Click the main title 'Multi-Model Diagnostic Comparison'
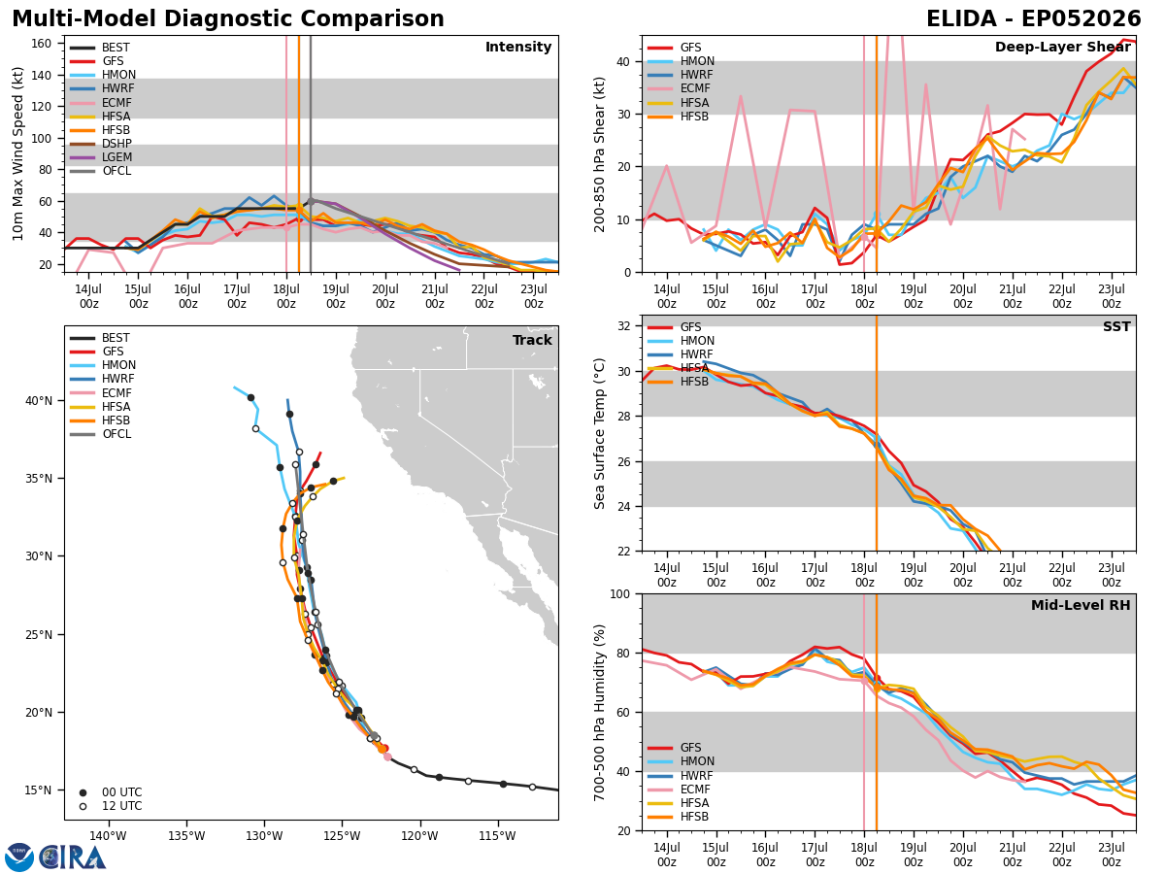(x=228, y=18)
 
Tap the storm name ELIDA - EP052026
(x=1033, y=18)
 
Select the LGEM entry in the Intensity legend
(x=101, y=157)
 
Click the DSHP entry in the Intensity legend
(x=101, y=144)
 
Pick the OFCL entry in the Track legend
(x=101, y=433)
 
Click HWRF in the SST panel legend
(x=681, y=353)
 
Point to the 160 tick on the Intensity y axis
(x=41, y=44)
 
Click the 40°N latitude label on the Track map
(x=39, y=401)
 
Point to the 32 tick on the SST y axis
(x=624, y=326)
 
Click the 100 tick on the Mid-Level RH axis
(x=620, y=594)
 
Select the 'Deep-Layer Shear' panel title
(x=1062, y=47)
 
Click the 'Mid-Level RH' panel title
(x=1081, y=605)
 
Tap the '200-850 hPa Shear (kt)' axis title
(x=599, y=154)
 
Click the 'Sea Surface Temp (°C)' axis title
(x=599, y=433)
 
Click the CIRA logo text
(x=73, y=857)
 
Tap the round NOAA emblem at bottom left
(x=19, y=857)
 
